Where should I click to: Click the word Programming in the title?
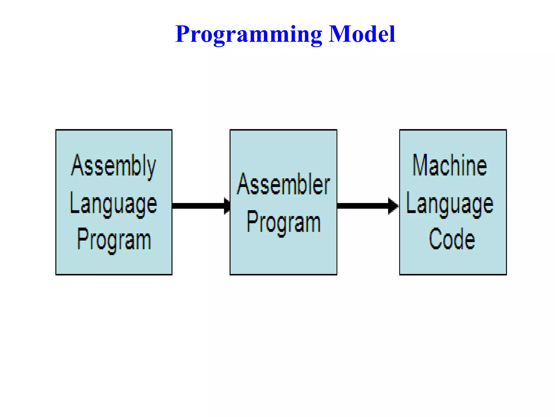click(x=249, y=34)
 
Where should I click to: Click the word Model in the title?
click(x=362, y=34)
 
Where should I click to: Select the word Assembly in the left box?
click(x=114, y=166)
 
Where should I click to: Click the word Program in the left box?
click(x=114, y=240)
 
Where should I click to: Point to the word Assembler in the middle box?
click(x=283, y=184)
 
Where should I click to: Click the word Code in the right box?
click(x=452, y=239)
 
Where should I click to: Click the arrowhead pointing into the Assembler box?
click(x=227, y=206)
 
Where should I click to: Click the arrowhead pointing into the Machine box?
click(x=393, y=206)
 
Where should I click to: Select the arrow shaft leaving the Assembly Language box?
click(x=198, y=206)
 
